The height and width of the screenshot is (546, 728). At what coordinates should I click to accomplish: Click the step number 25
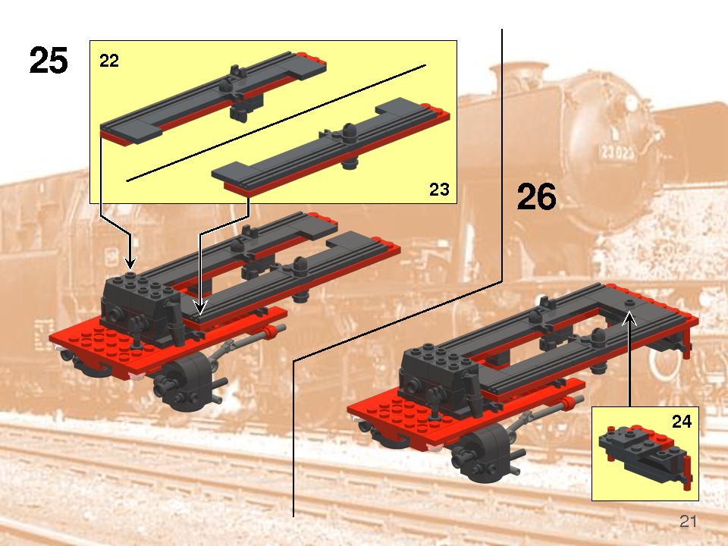[x=49, y=61]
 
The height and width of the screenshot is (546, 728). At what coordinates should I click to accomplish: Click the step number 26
[x=536, y=197]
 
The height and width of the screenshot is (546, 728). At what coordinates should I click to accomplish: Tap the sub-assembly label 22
[x=109, y=61]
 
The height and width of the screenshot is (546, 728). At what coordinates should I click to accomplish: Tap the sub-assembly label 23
[x=439, y=190]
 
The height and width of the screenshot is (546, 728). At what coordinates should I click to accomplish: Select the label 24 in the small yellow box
[x=682, y=422]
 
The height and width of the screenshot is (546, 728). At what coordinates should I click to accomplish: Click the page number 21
[x=688, y=521]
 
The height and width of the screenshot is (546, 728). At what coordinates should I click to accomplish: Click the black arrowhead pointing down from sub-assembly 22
[x=130, y=263]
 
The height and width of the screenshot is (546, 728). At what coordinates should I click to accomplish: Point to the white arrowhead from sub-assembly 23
[x=199, y=308]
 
